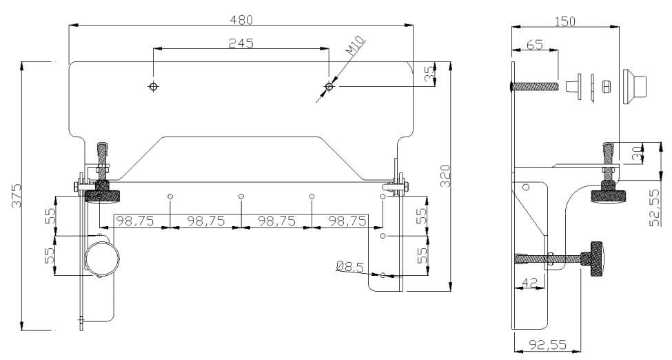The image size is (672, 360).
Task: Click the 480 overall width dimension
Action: pyautogui.click(x=241, y=19)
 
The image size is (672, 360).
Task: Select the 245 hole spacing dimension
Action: pyautogui.click(x=241, y=43)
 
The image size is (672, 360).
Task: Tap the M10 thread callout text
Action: pyautogui.click(x=354, y=47)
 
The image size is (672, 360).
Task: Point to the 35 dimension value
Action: pyautogui.click(x=429, y=74)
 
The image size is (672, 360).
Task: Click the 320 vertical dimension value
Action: pyautogui.click(x=445, y=176)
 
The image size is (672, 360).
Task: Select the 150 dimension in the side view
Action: pyautogui.click(x=565, y=21)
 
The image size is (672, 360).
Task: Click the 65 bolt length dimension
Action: pyautogui.click(x=533, y=45)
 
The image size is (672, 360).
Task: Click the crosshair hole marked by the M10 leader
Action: pyautogui.click(x=329, y=87)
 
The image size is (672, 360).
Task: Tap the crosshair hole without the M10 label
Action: pyautogui.click(x=153, y=86)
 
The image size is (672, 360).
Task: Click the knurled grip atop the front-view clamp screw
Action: pyautogui.click(x=103, y=150)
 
